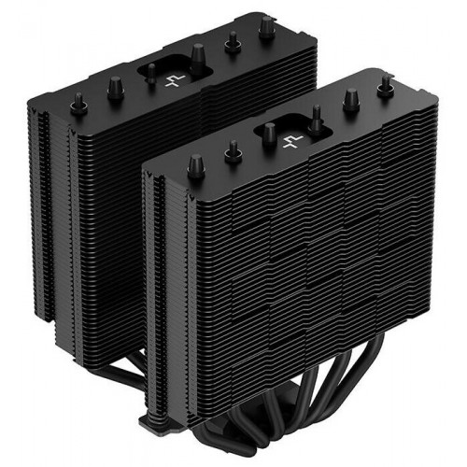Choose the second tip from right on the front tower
[x=353, y=99]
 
